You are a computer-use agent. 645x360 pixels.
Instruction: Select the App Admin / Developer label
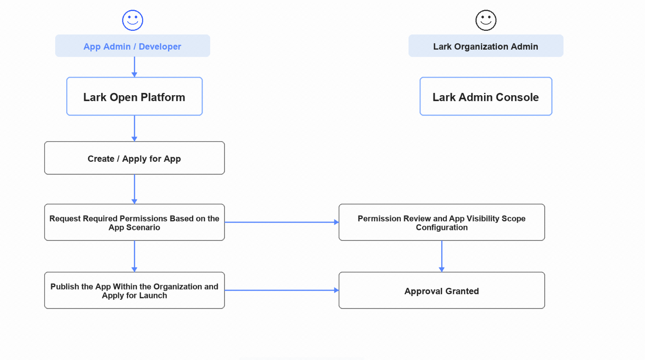[x=132, y=46]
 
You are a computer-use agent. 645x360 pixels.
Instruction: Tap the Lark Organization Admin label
[x=486, y=46]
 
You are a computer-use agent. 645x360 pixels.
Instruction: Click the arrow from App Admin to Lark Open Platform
[x=134, y=67]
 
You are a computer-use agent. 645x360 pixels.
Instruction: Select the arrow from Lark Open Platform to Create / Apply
[x=134, y=129]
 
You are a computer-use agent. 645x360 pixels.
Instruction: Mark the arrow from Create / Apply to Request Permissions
[x=134, y=189]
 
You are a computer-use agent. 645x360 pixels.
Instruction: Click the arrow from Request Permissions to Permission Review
[x=282, y=222]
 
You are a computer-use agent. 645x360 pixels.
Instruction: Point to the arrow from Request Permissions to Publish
[x=134, y=257]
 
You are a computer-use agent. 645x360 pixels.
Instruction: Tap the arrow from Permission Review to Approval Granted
[x=442, y=257]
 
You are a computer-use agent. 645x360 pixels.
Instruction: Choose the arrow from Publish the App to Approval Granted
[x=282, y=291]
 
